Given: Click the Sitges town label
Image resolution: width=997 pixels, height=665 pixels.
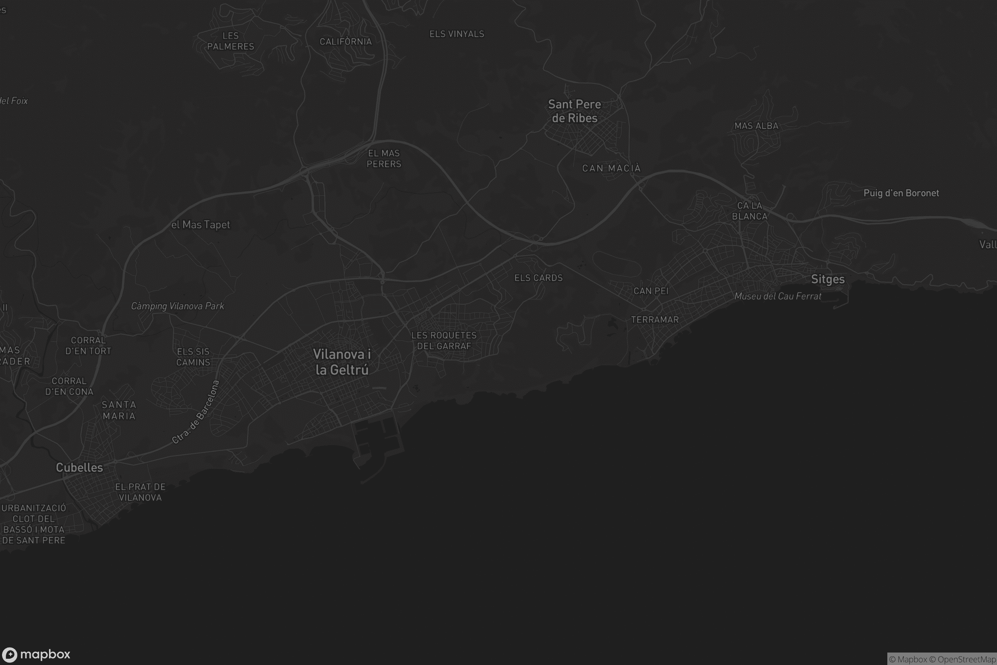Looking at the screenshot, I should [828, 279].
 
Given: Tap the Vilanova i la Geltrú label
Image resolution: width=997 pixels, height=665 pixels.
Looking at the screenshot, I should [341, 362].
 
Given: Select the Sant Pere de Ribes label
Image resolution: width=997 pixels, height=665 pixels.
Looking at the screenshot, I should [575, 111].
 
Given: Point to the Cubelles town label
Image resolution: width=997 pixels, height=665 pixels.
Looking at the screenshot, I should [79, 467].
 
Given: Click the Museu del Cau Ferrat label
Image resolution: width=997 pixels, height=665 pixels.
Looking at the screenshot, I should [777, 296].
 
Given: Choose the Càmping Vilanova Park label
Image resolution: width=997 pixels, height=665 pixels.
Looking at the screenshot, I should [177, 306].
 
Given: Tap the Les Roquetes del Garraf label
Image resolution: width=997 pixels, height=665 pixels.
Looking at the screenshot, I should [444, 340].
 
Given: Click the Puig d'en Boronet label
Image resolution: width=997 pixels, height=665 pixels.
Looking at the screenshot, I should [901, 193].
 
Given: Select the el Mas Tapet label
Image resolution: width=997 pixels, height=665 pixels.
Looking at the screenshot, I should [201, 224].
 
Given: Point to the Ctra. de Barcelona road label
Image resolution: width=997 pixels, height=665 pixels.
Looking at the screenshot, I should [196, 412].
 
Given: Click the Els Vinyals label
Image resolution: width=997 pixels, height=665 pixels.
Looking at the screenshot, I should [457, 34].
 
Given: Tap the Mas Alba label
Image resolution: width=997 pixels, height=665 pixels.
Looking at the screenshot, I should [756, 126].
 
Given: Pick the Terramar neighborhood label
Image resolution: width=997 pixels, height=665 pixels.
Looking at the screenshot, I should [655, 320].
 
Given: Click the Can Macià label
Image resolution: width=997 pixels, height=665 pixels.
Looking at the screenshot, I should [611, 168].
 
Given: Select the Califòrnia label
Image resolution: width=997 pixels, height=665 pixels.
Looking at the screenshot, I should [346, 42].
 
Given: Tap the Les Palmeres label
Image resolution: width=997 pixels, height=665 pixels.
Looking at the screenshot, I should [231, 41].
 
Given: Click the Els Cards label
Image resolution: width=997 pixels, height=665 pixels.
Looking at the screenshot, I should [538, 278].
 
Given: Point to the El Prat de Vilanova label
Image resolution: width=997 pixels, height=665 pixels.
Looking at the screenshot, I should [140, 492].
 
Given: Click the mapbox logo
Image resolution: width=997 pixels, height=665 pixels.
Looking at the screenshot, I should [36, 654].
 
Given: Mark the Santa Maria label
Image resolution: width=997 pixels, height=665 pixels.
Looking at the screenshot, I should [119, 410].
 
